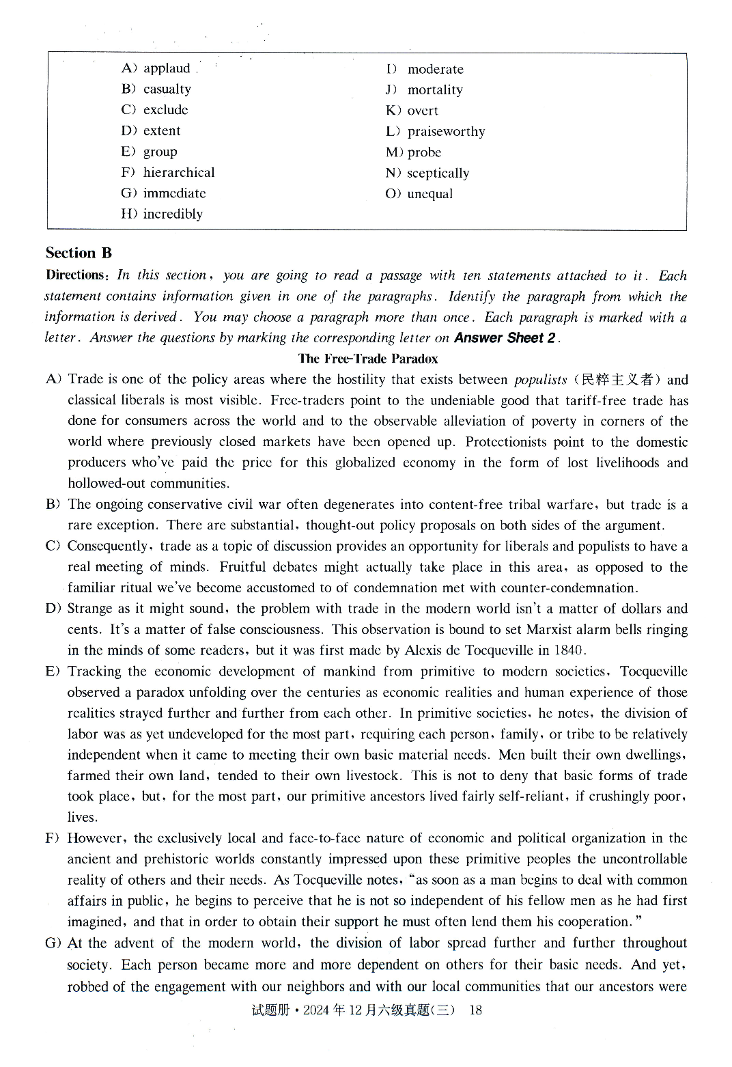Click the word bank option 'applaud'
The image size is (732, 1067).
[x=167, y=68]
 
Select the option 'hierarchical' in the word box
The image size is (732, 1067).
[x=179, y=172]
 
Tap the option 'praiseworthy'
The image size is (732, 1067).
[x=446, y=131]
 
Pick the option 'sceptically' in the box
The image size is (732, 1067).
[x=438, y=173]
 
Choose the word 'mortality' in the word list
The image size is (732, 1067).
[x=435, y=89]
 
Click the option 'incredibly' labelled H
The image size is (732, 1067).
[x=173, y=214]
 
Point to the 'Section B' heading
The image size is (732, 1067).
[x=79, y=253]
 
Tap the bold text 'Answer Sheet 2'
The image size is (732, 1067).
[x=505, y=337]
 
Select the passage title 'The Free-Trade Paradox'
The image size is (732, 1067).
[x=367, y=359]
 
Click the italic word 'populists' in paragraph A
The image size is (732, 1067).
[x=540, y=380]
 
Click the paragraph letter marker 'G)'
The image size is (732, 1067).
[x=53, y=943]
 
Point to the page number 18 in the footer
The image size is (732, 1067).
[x=476, y=1010]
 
